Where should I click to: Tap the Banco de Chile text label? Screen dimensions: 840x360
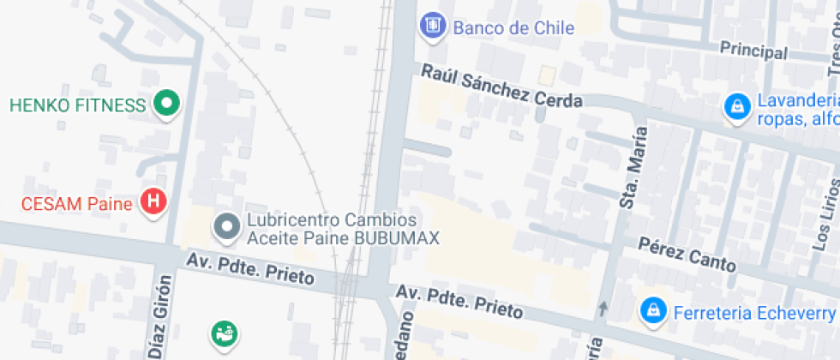click(x=513, y=27)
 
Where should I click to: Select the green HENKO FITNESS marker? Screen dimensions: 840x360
click(x=166, y=105)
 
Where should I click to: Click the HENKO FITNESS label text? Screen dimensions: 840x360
click(x=78, y=105)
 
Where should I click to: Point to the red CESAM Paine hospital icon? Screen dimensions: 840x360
click(x=153, y=179)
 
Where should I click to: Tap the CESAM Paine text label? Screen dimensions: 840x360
click(x=77, y=180)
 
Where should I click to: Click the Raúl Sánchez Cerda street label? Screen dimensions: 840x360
click(x=501, y=87)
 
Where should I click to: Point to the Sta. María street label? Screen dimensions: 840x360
click(x=631, y=165)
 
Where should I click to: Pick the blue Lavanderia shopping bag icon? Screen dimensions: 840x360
click(x=735, y=107)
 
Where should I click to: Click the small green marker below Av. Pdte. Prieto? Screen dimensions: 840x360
click(x=225, y=333)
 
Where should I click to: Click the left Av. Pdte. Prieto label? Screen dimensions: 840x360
click(x=253, y=267)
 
